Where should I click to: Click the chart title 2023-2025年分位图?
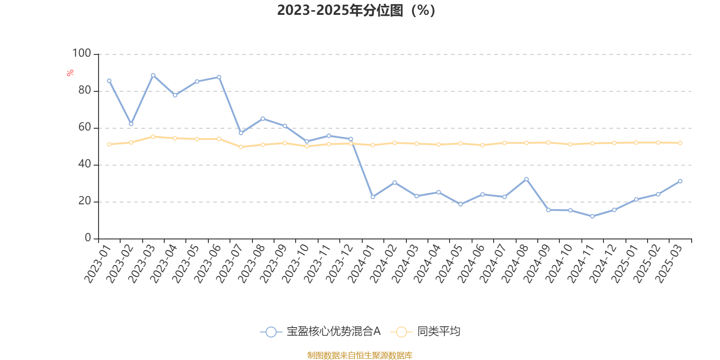pyautogui.click(x=356, y=10)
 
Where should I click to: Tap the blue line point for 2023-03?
pyautogui.click(x=153, y=75)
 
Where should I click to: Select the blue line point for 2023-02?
pyautogui.click(x=131, y=124)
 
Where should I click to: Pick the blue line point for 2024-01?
pyautogui.click(x=373, y=197)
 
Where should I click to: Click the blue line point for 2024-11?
pyautogui.click(x=592, y=216)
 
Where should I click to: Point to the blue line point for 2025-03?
pyautogui.click(x=680, y=181)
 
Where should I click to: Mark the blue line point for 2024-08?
pyautogui.click(x=526, y=179)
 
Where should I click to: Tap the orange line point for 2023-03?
pyautogui.click(x=153, y=136)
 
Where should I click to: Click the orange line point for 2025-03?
pyautogui.click(x=680, y=143)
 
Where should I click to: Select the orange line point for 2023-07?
pyautogui.click(x=241, y=147)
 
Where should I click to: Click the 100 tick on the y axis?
pyautogui.click(x=82, y=54)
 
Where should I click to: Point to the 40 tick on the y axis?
pyautogui.click(x=84, y=164)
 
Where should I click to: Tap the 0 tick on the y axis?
pyautogui.click(x=88, y=238)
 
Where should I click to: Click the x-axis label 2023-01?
pyautogui.click(x=98, y=264)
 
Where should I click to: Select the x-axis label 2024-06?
pyautogui.click(x=471, y=264)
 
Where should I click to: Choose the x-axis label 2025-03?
pyautogui.click(x=669, y=264)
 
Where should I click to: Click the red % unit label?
pyautogui.click(x=70, y=73)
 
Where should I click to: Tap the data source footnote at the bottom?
pyautogui.click(x=360, y=355)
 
